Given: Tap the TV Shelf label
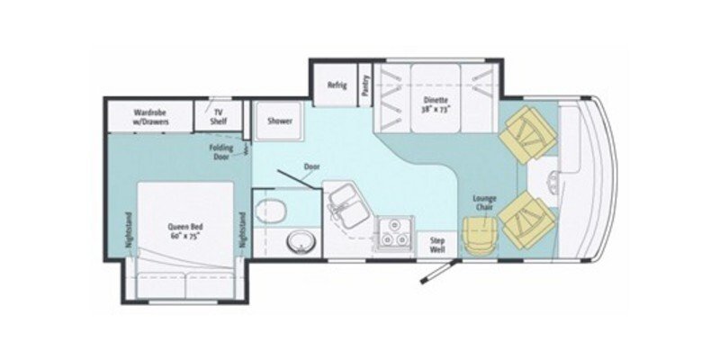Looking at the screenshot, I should coord(217,117).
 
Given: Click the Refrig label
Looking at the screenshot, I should coord(337,85).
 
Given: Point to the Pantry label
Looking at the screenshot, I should coord(366,85).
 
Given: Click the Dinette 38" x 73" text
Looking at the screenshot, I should coord(436,104).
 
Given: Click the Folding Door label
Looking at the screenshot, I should coord(221,150).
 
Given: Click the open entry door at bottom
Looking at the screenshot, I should coord(436,273).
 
